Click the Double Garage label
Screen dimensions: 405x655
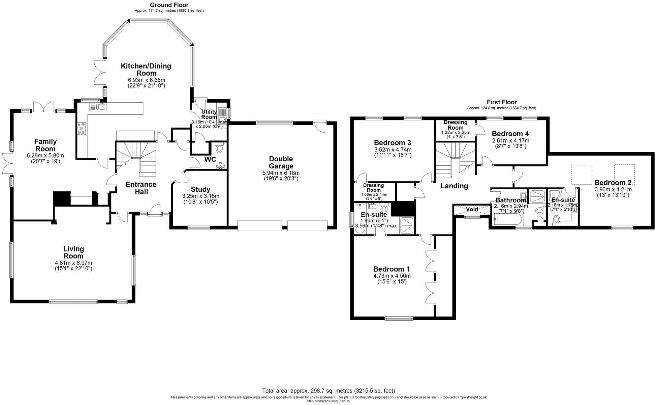pos(281,162)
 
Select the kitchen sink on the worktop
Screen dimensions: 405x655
pos(98,107)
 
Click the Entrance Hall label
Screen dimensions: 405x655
pos(141,188)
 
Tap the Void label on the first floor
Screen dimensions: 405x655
pos(472,209)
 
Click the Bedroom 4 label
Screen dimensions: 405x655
pos(510,134)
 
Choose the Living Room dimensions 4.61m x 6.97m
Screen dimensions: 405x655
pos(73,263)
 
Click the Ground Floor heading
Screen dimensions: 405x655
pos(169,5)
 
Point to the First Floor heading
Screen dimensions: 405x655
pos(501,102)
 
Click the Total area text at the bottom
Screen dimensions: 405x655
pos(329,391)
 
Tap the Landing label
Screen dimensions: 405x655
pos(454,186)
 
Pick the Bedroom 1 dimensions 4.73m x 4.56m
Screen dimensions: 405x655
pos(392,276)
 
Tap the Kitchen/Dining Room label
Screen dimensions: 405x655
pos(146,70)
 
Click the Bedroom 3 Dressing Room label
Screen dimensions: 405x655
pos(373,188)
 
